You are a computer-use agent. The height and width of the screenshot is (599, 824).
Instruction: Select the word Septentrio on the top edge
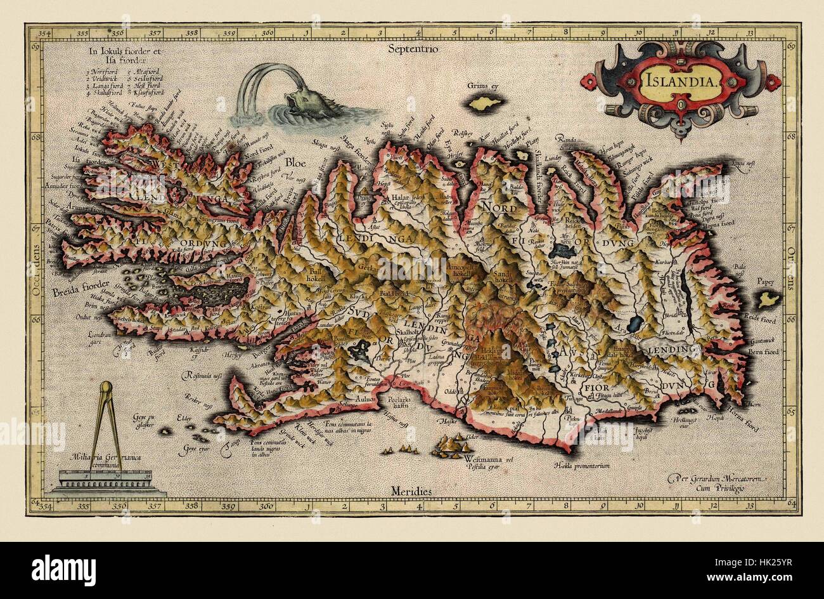415,48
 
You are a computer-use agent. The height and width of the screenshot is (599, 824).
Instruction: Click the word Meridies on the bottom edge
411,492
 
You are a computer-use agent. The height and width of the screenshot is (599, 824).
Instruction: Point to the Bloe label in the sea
295,162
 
